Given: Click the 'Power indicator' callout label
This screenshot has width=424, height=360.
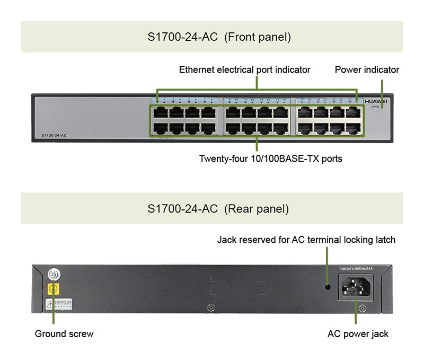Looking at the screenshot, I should [x=367, y=69].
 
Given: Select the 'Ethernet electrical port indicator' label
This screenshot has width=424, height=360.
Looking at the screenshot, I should [x=244, y=69].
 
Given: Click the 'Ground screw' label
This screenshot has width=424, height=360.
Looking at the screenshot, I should [x=64, y=333].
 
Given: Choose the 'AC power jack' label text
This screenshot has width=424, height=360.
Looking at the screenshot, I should [x=358, y=333].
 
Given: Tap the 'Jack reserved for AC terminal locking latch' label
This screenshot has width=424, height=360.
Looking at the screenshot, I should [x=306, y=240].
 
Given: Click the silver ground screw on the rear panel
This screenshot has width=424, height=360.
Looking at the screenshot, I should [x=53, y=274].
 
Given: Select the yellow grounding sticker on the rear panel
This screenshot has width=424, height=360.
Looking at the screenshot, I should [x=53, y=289].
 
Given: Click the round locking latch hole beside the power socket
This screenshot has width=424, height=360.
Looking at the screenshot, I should [x=328, y=287].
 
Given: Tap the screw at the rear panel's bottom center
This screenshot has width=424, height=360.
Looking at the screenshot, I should [x=211, y=308].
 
